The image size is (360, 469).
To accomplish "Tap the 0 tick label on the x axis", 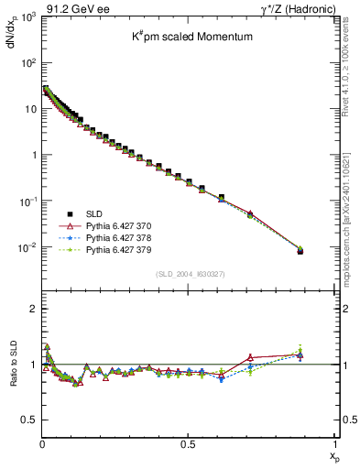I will point(42,444).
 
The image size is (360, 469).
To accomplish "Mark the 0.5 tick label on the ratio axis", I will point(28,420).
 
